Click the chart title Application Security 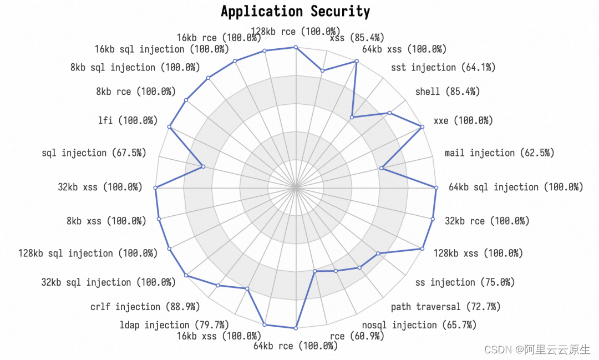coord(295,11)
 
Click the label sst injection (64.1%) coord(443,68)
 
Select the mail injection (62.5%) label coord(499,153)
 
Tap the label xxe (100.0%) coord(463,120)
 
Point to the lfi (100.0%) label coord(128,120)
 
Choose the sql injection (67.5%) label coord(94,153)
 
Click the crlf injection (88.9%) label coord(145,306)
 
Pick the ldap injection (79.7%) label coord(174,324)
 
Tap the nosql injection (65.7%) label coord(419,324)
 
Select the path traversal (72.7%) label coord(445,306)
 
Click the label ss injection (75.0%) coord(465,282)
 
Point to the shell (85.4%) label coord(448,92)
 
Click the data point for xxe coord(423,127)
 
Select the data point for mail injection coord(382,168)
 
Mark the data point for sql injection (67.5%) coord(203,166)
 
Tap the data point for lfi coord(170,128)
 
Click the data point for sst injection coord(352,116)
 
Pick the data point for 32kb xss coord(156,188)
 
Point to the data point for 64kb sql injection coord(436,188)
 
